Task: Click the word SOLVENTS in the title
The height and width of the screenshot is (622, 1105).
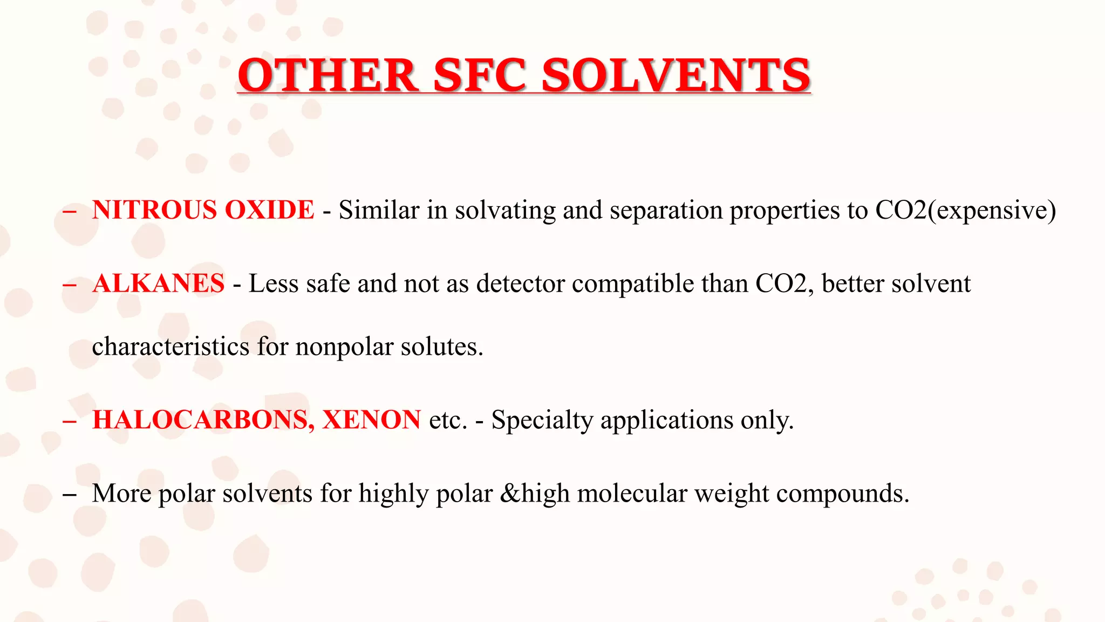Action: point(676,76)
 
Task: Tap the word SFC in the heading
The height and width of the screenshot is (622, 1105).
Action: point(479,76)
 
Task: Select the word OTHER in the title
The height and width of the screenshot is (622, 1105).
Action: point(327,76)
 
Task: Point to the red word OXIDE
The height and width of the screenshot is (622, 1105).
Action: point(269,210)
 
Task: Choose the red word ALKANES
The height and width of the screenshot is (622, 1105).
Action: point(158,283)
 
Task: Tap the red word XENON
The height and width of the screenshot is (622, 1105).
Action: point(371,420)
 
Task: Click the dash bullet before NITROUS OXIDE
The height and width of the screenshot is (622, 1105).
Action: point(69,211)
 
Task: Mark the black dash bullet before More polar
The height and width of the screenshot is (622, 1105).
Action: point(69,494)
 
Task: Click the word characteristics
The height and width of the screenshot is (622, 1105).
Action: point(170,347)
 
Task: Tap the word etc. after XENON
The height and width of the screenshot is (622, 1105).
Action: point(448,420)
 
